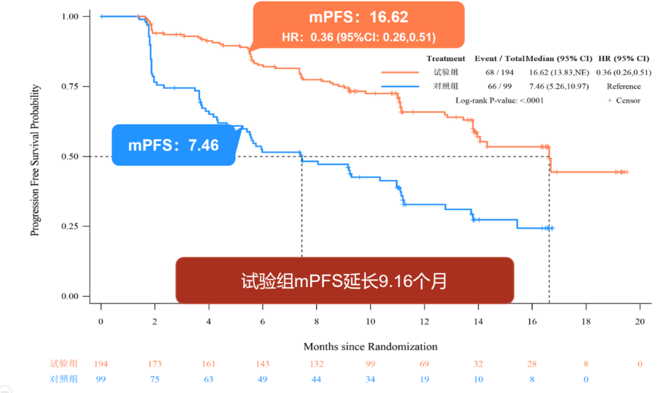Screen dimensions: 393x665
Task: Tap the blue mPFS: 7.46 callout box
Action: (x=174, y=146)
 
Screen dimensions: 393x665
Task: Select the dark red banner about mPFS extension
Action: (x=344, y=281)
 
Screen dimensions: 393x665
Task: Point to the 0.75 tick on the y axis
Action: (x=70, y=86)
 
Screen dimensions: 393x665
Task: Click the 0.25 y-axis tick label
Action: (x=70, y=226)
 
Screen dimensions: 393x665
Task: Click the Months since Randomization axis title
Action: (x=370, y=346)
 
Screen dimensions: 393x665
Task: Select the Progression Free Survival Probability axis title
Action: (x=36, y=160)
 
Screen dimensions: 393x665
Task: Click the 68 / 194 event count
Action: (x=499, y=73)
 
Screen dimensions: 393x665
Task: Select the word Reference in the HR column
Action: (x=623, y=86)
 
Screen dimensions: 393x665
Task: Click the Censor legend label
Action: (x=628, y=100)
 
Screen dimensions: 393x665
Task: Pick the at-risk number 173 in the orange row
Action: (x=155, y=364)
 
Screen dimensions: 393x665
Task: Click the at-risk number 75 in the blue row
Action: (x=155, y=379)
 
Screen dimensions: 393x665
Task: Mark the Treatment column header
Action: (x=446, y=59)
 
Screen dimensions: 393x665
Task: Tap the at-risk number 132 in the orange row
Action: (x=316, y=364)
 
